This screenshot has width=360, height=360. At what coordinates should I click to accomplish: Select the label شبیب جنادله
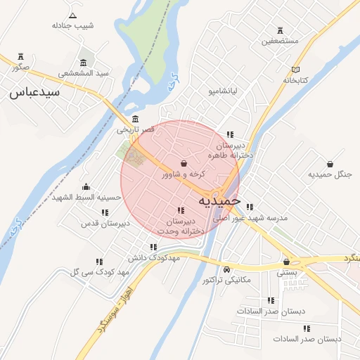(x=72, y=25)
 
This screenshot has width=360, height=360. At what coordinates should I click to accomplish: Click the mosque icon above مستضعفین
(x=281, y=30)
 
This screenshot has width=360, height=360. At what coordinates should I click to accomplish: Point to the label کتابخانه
(x=296, y=80)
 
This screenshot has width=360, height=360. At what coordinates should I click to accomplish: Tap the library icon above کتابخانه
(x=296, y=70)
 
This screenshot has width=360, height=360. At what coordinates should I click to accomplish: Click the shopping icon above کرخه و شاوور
(x=184, y=163)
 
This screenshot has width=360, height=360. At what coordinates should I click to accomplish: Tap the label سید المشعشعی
(x=83, y=73)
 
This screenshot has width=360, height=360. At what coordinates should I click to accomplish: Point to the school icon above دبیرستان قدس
(x=105, y=212)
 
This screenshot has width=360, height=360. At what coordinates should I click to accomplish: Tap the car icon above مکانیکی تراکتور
(x=226, y=270)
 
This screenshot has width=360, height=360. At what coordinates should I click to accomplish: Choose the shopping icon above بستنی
(x=286, y=260)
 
